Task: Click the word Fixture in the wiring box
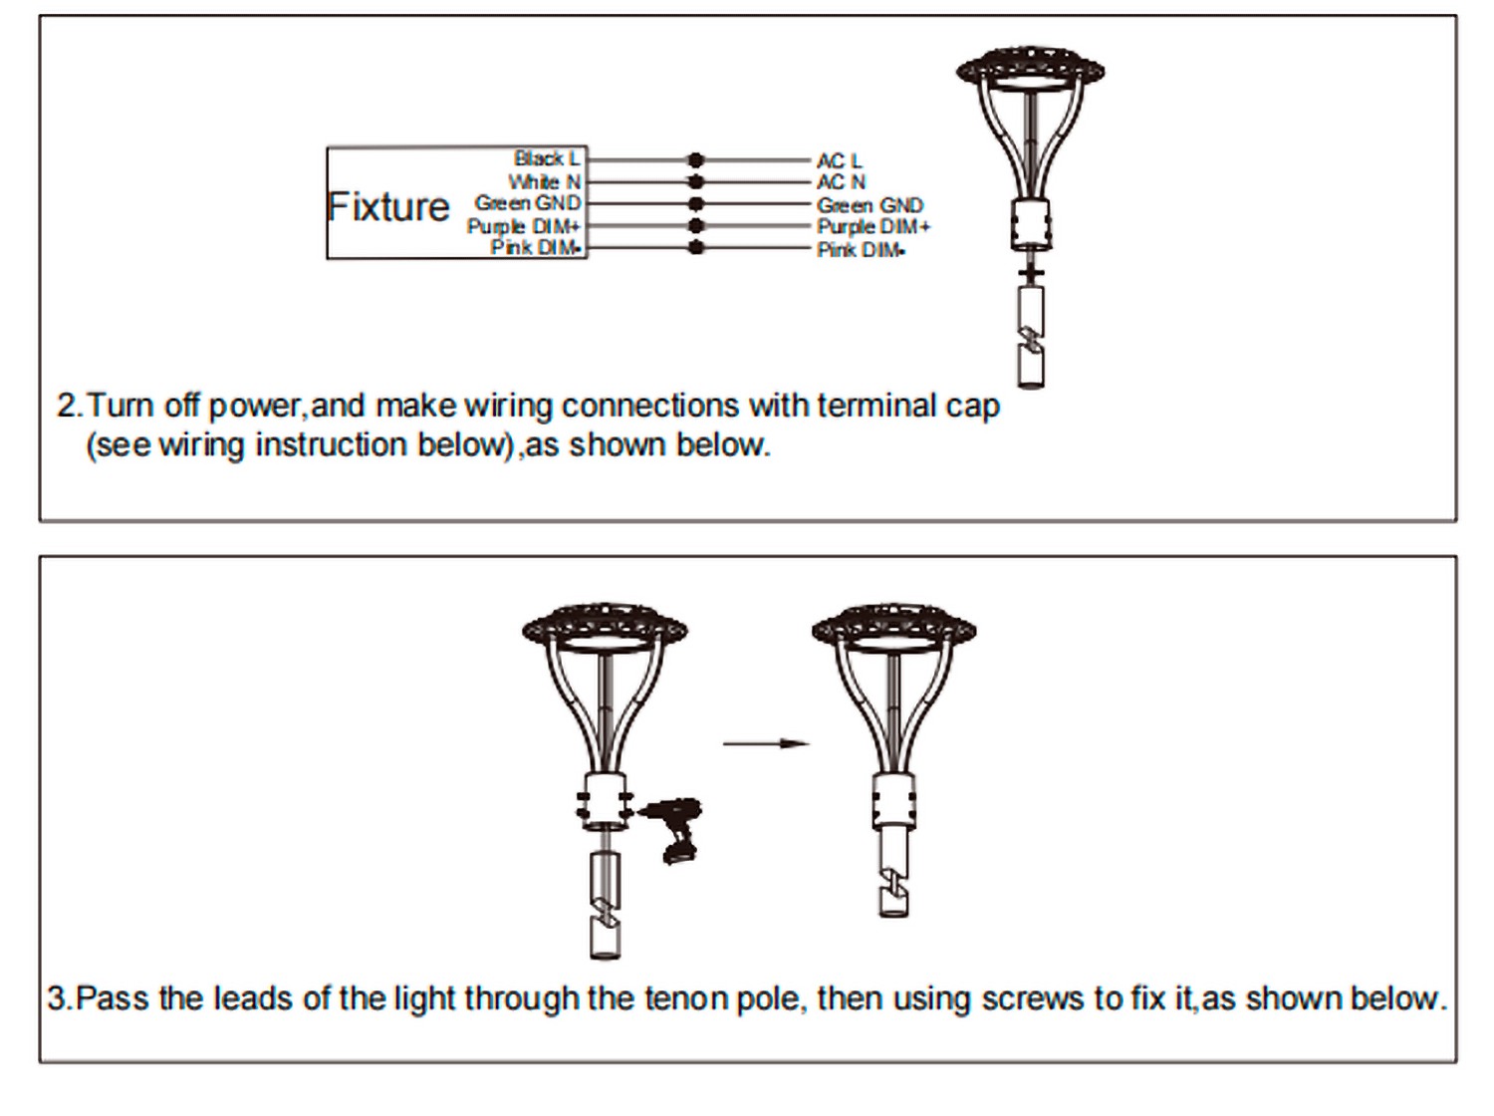point(388,206)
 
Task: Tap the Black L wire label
point(547,158)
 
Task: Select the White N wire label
point(545,181)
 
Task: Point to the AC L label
point(840,161)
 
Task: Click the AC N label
point(841,182)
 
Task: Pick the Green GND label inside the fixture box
point(528,203)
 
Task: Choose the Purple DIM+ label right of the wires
point(873,227)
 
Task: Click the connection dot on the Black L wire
point(695,160)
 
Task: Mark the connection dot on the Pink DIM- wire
point(695,247)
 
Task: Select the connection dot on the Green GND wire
point(695,203)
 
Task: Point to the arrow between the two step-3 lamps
point(766,743)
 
